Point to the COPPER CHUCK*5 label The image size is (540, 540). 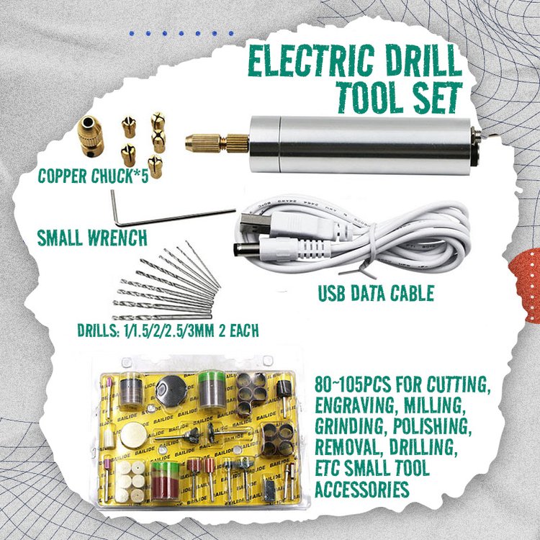94,176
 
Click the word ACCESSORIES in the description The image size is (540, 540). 360,488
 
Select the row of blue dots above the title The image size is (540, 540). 181,33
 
